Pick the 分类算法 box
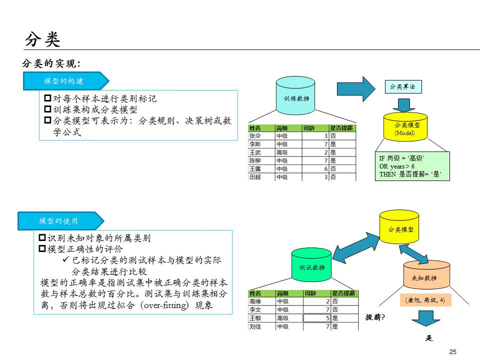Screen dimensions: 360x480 402,86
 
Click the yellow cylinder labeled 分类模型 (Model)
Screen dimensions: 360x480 407,128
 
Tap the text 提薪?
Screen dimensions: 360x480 375,317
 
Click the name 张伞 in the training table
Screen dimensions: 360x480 255,136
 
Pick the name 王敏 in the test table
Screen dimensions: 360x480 255,318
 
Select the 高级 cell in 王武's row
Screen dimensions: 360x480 282,152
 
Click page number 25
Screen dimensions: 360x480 453,352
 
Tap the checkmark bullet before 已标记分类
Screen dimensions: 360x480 65,260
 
